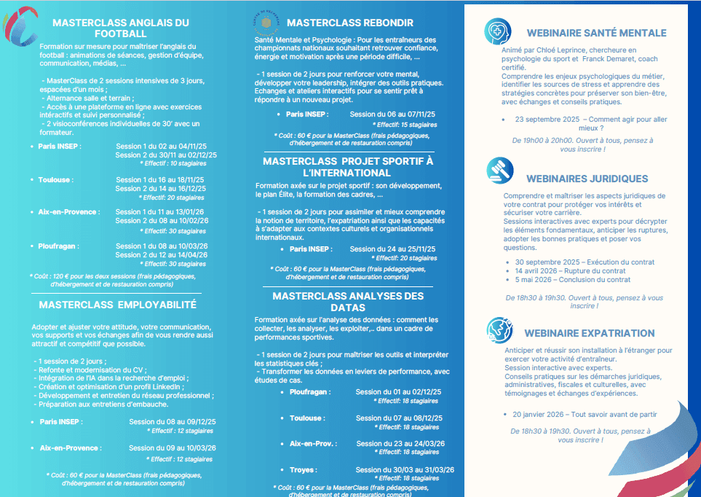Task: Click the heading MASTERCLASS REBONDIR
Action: [x=350, y=23]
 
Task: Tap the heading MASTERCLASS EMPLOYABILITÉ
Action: [x=118, y=305]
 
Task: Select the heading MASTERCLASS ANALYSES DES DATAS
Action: [x=348, y=302]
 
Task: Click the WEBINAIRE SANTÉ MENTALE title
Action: [x=596, y=33]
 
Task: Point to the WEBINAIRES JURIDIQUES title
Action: [x=587, y=179]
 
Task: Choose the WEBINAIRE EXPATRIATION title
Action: [x=590, y=333]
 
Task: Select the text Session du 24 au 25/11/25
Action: [x=392, y=248]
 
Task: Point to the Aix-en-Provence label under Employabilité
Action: [x=69, y=448]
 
